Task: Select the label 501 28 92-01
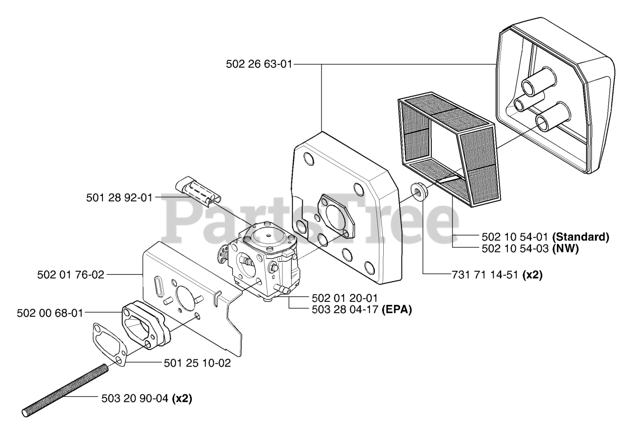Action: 119,197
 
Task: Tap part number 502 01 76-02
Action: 71,274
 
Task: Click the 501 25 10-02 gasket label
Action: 197,363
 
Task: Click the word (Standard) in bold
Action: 581,236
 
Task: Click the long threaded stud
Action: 64,389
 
